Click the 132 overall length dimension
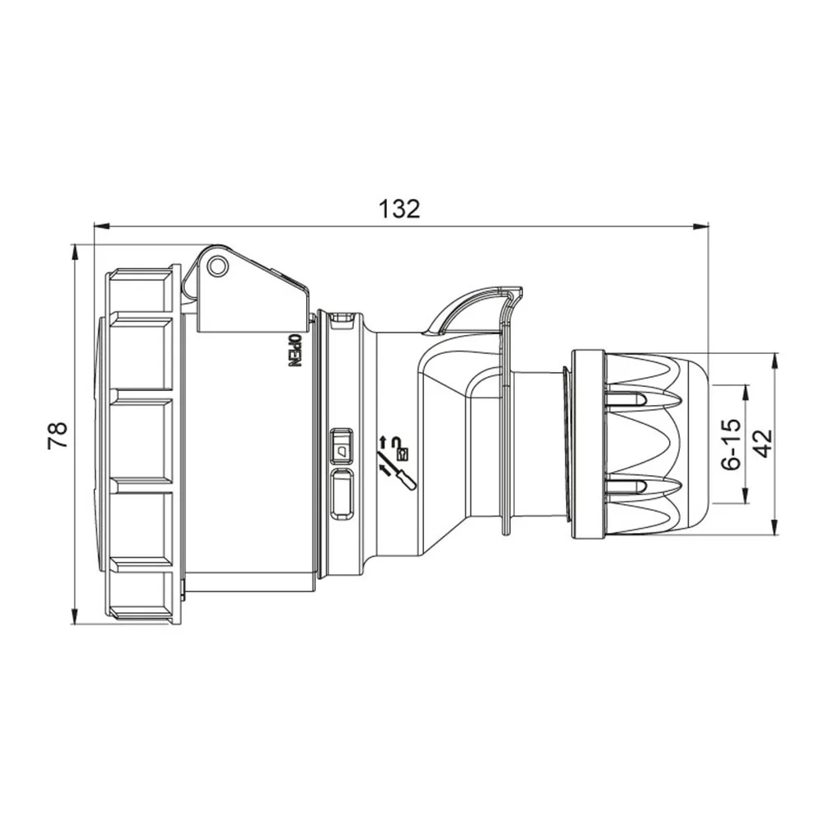coord(400,209)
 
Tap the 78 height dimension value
coord(58,435)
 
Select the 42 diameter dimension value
coord(762,444)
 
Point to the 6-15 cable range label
coord(731,445)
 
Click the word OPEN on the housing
coord(295,351)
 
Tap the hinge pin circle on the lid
coord(217,266)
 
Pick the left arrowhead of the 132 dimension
coord(101,227)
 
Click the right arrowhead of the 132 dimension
coord(700,227)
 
